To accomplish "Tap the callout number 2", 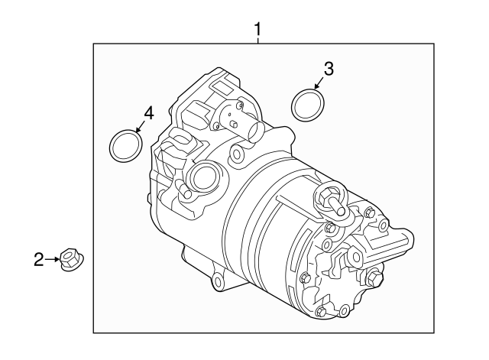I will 38,261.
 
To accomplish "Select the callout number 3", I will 328,68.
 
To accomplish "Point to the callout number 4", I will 147,113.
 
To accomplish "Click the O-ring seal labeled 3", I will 307,105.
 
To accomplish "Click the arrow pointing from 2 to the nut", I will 54,261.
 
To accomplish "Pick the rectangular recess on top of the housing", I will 225,84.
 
